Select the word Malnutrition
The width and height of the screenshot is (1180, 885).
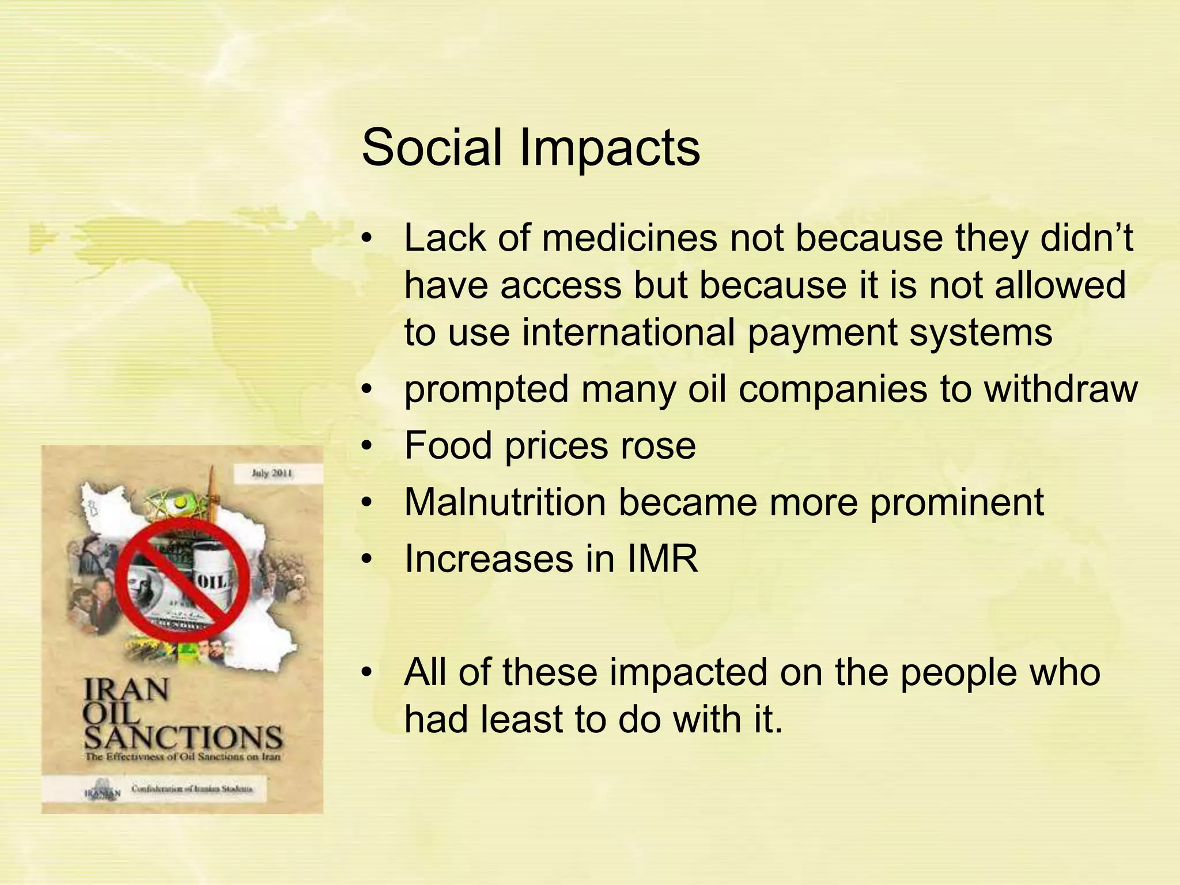[505, 502]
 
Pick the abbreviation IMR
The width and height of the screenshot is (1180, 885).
[663, 558]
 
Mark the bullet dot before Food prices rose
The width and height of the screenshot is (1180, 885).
[368, 446]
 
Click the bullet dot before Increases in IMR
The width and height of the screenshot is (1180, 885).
[368, 559]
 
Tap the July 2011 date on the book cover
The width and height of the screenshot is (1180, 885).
[272, 474]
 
